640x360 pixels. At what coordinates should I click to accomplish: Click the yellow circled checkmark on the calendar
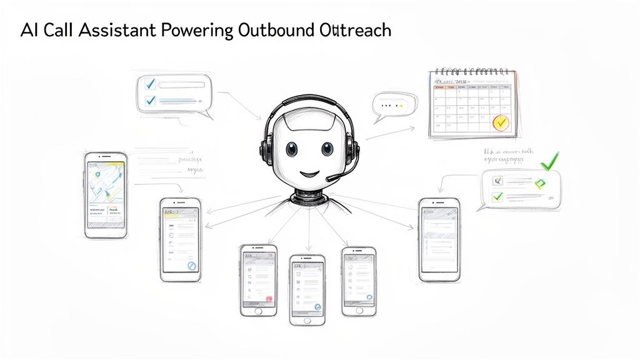[x=501, y=122]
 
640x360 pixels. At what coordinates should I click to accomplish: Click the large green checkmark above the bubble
[x=549, y=162]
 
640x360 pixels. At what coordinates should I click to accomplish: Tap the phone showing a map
[x=106, y=194]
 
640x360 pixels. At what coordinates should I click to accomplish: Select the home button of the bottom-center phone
[x=307, y=319]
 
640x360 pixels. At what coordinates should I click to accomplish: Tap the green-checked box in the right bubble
[x=497, y=197]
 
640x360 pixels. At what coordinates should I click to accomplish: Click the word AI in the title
[x=27, y=31]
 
